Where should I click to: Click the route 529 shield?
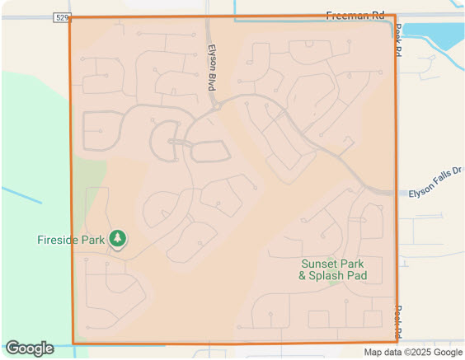61,16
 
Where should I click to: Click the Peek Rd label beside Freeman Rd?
398,40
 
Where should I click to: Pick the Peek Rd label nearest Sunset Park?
398,319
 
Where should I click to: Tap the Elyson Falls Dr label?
436,192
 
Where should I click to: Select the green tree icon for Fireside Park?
118,239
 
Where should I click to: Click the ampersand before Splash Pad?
303,276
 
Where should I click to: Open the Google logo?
29,348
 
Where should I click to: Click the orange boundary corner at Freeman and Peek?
395,16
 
